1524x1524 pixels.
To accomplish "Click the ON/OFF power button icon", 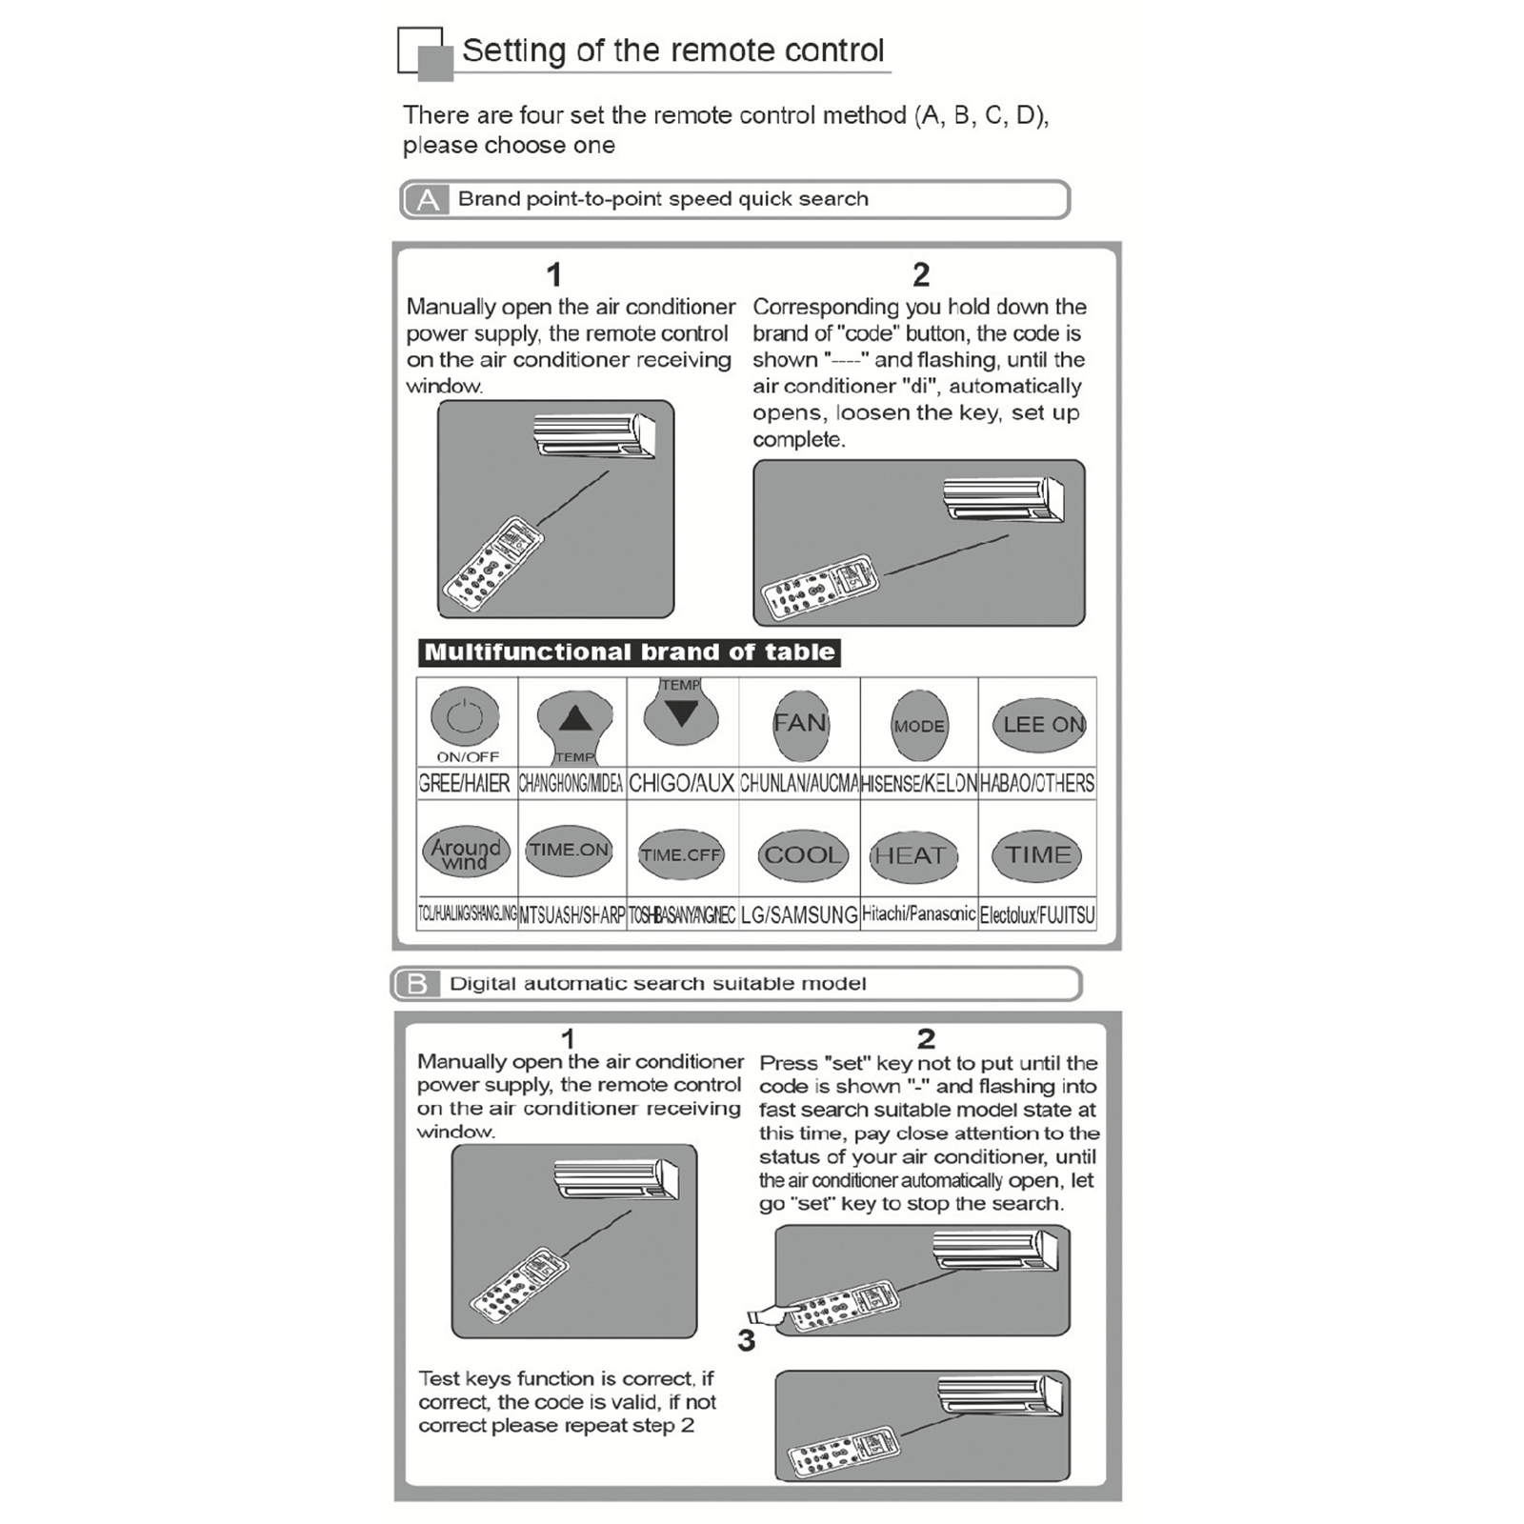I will (465, 716).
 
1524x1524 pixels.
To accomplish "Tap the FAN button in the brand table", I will (800, 724).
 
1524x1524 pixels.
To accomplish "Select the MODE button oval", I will (918, 725).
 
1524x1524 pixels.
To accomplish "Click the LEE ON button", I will (1042, 724).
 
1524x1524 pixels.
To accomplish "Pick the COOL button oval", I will (802, 855).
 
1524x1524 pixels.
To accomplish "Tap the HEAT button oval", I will (911, 855).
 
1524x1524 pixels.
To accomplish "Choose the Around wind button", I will (466, 853).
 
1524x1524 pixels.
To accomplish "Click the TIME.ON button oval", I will (569, 850).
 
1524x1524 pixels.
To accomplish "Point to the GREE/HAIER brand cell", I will (465, 784).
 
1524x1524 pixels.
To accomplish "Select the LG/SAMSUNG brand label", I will (799, 914).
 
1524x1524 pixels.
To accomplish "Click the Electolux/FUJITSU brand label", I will (1037, 915).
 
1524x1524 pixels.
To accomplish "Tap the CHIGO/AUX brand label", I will (682, 784).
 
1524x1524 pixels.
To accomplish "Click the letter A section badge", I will (428, 200).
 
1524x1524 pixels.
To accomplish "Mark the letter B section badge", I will (417, 984).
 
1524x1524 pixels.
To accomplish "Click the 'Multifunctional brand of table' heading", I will (630, 652).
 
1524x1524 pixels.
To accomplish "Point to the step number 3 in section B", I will (746, 1340).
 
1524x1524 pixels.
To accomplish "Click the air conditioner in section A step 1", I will (594, 435).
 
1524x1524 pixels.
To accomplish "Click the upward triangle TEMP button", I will (574, 719).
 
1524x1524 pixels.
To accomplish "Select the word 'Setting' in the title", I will (514, 50).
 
